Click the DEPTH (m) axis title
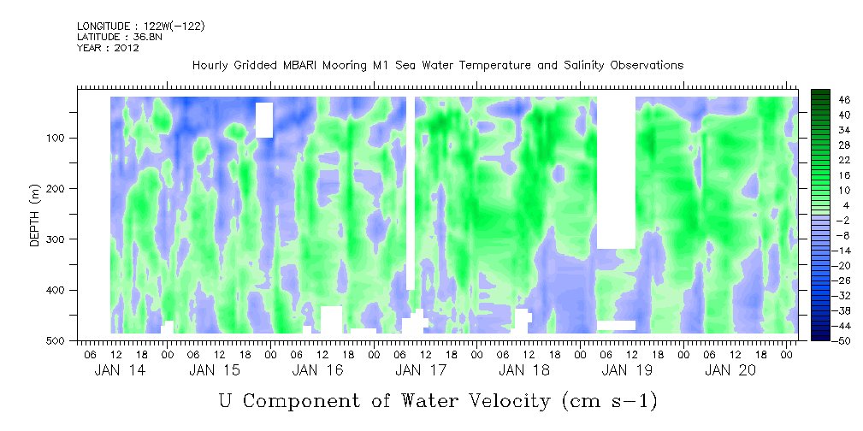click(35, 219)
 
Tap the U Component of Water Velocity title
click(438, 400)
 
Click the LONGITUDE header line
click(140, 27)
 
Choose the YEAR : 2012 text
click(108, 48)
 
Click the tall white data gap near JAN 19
click(616, 171)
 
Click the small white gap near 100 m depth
click(264, 120)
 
